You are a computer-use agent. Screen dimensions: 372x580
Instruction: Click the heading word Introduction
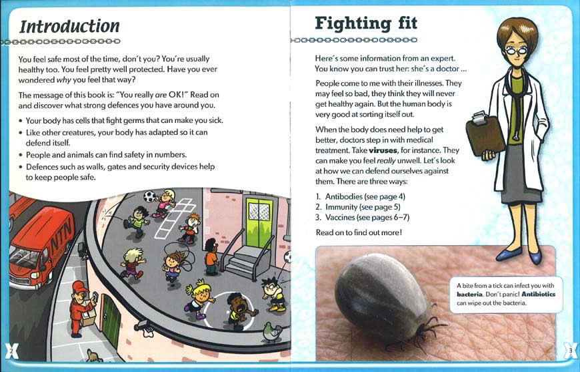coord(69,26)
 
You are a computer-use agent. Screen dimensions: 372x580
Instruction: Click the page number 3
coord(570,349)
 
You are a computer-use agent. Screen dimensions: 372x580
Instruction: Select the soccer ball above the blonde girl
coord(150,197)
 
